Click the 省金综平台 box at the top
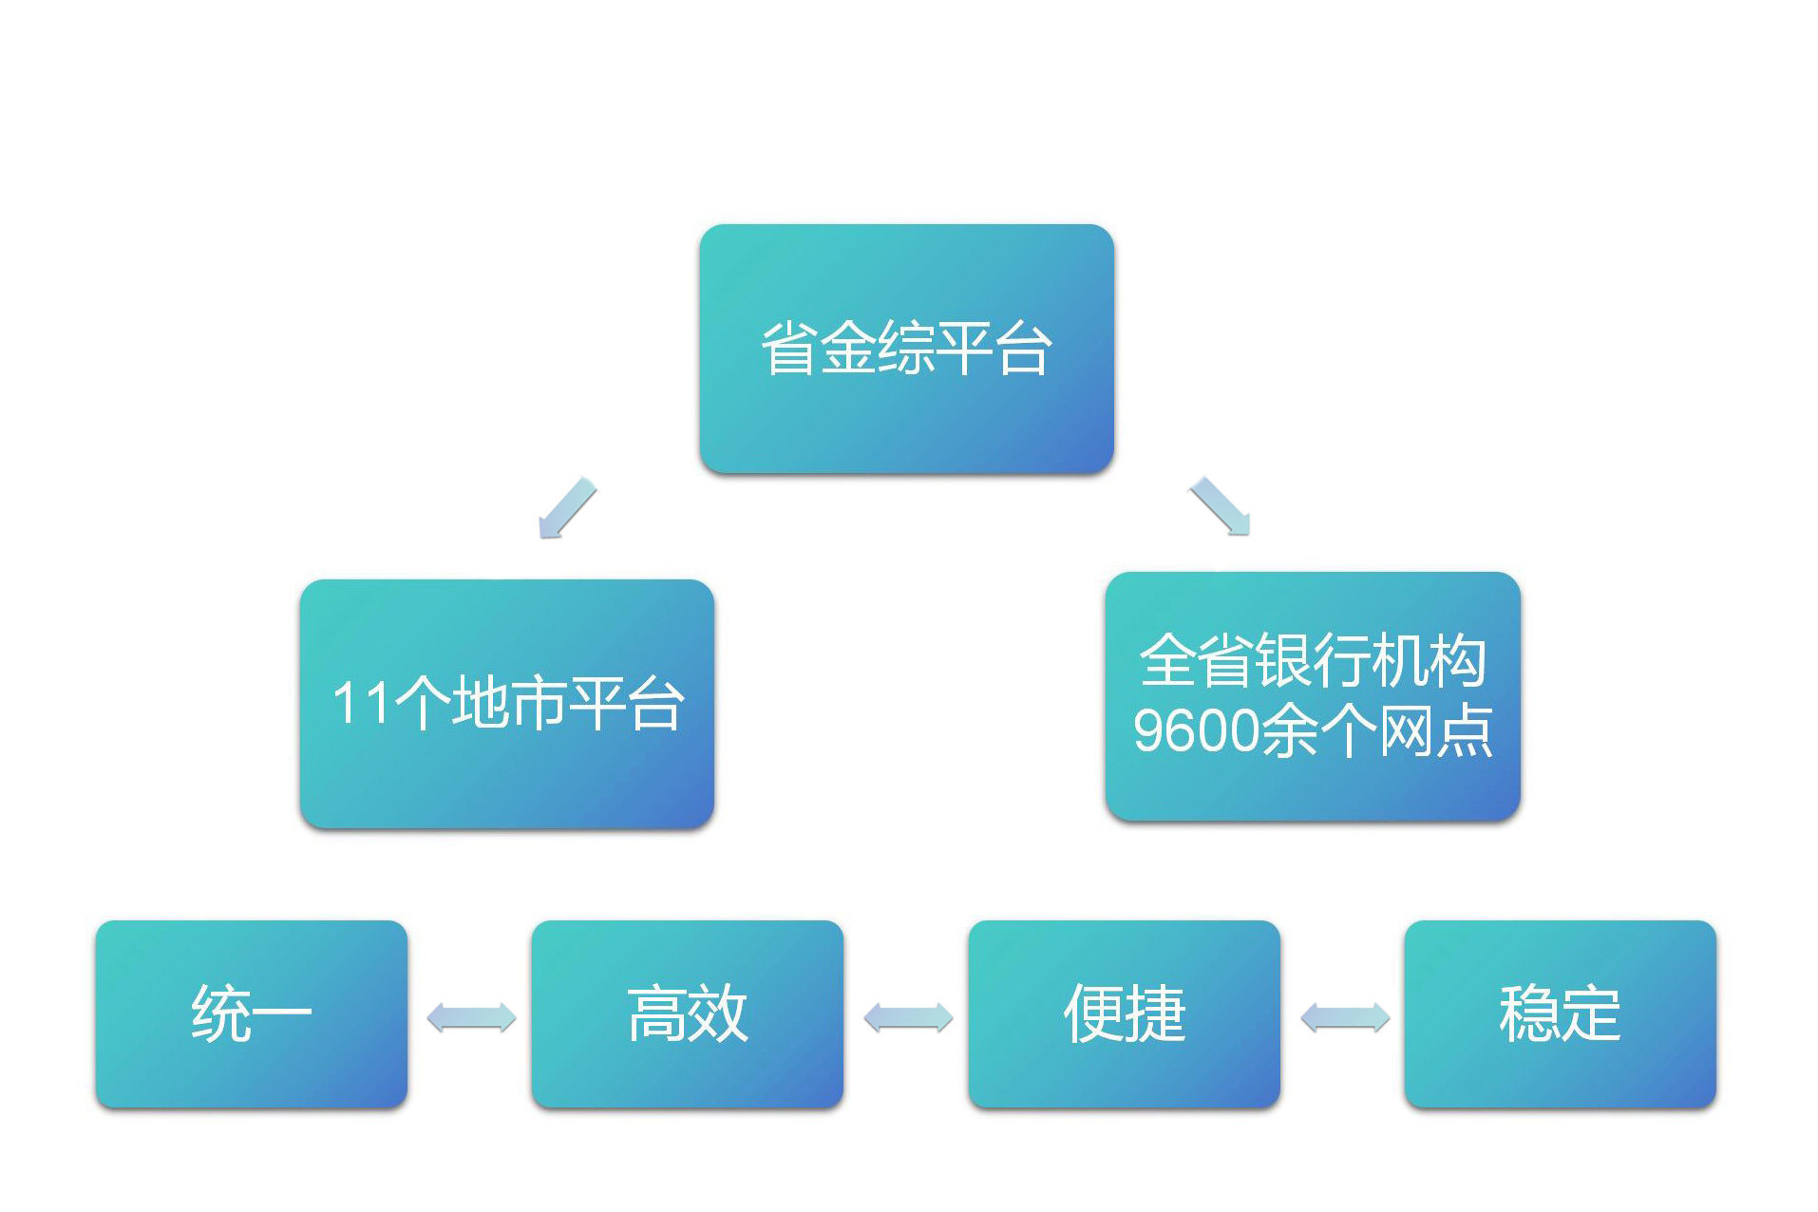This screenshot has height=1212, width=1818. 906,349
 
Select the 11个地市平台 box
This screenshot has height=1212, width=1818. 506,703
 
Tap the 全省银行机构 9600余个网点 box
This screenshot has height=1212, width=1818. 1313,695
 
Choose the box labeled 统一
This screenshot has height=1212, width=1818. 251,1013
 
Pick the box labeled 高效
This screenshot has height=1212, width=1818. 687,1013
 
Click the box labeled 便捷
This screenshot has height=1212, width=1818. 1124,1013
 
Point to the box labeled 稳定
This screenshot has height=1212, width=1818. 1560,1013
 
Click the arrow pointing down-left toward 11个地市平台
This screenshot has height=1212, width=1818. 567,508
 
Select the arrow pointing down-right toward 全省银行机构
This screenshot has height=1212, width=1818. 1221,506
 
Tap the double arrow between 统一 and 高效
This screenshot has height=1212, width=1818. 471,1017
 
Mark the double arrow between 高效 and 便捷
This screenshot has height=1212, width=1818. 908,1017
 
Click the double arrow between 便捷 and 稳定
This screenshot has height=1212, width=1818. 1344,1017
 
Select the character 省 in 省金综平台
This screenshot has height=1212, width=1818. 789,349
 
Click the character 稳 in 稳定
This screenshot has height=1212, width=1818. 1528,1013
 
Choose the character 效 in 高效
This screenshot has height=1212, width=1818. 718,1013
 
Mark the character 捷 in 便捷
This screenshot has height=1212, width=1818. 1155,1013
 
